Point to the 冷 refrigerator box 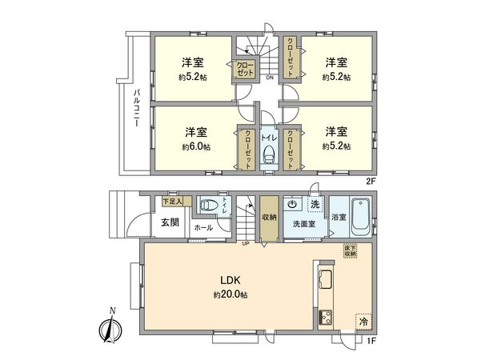[x=363, y=321]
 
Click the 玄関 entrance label [x=170, y=222]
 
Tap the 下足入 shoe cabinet [x=172, y=201]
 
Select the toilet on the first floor [x=208, y=206]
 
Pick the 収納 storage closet [x=270, y=217]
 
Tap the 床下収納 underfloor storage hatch [x=351, y=250]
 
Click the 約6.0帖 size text [x=195, y=147]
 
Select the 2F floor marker [x=370, y=181]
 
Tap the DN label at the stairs [x=270, y=78]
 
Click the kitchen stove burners [x=325, y=318]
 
